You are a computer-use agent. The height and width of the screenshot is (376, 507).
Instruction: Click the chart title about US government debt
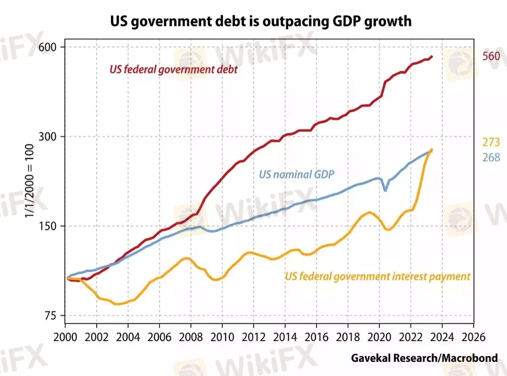254,21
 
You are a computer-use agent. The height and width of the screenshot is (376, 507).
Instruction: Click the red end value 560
491,56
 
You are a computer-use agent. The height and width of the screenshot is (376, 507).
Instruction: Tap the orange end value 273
491,142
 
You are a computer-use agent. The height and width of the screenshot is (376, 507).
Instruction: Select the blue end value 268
491,157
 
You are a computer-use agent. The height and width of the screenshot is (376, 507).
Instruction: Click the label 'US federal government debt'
173,69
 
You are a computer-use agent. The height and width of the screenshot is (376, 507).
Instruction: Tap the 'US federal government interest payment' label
377,277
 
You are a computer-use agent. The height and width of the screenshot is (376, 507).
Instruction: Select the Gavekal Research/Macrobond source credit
424,357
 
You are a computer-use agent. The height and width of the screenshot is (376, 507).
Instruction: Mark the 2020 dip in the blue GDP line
386,190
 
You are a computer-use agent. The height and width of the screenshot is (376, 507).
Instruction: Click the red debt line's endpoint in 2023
432,57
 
